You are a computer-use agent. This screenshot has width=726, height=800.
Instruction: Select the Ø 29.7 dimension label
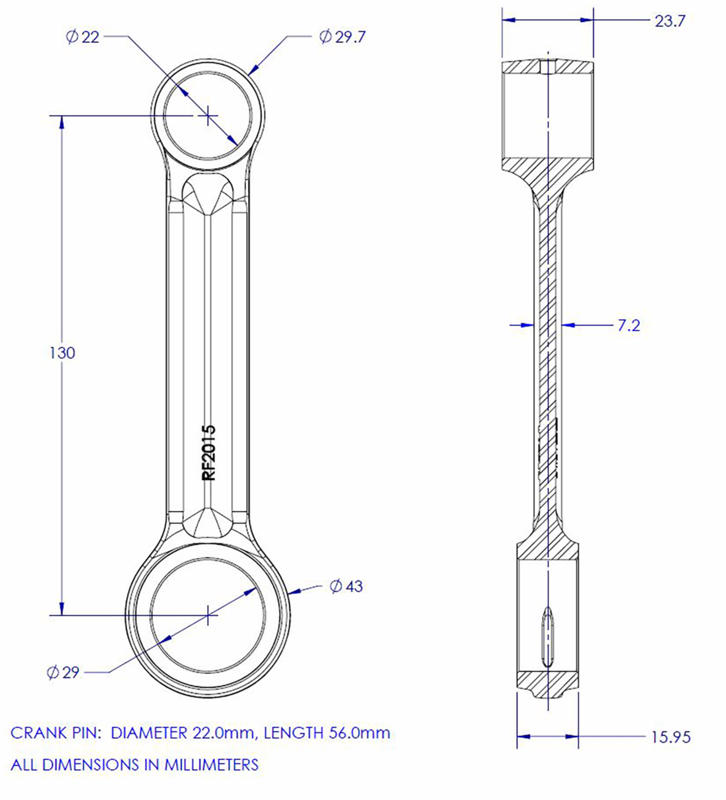pos(342,38)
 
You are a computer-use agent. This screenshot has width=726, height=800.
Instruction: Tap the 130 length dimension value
pos(62,353)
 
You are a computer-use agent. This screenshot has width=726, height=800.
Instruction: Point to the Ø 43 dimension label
pos(346,586)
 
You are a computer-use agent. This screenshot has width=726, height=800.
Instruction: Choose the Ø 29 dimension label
pos(63,673)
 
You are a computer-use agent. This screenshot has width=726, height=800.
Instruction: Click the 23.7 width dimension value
pos(669,22)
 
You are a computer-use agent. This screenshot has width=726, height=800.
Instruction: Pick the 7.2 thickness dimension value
pos(628,326)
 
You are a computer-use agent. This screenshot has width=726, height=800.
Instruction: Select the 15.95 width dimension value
pos(671,737)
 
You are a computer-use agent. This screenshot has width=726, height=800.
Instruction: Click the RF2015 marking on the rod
pos(209,452)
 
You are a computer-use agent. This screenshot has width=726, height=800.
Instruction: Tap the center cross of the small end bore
pos(209,114)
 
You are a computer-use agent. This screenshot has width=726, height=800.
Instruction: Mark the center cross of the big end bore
pos(209,614)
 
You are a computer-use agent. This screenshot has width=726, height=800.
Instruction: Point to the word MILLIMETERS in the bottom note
pos(211,765)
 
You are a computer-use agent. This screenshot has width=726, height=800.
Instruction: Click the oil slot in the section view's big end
pos(546,637)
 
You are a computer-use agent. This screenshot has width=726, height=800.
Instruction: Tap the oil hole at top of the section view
pos(547,66)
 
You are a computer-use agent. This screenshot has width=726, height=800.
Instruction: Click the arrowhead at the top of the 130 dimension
pos(61,122)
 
